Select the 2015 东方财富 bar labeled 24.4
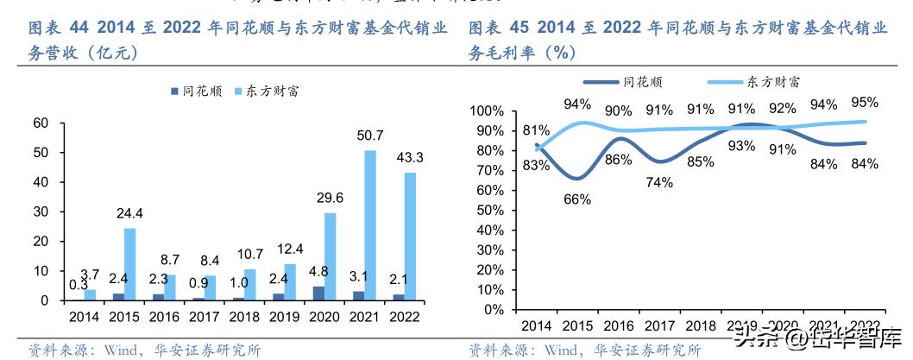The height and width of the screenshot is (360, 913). [x=130, y=264]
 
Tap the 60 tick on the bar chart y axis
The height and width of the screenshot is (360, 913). [x=40, y=123]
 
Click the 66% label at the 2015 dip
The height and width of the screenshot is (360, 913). [x=577, y=199]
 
